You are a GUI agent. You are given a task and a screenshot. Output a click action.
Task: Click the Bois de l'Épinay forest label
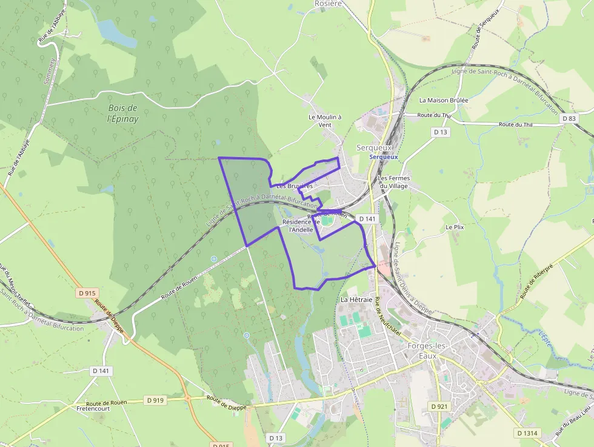click(x=122, y=113)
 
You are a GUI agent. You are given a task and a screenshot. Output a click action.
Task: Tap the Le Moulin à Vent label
click(x=325, y=121)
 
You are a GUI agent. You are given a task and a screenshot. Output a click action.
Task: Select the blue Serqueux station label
click(x=384, y=156)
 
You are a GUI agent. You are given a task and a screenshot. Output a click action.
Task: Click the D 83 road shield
click(x=569, y=118)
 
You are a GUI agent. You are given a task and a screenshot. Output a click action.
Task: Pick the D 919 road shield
click(x=155, y=400)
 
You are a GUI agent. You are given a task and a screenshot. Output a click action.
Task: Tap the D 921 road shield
click(x=438, y=406)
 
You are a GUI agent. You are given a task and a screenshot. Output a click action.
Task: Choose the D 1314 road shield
click(x=528, y=433)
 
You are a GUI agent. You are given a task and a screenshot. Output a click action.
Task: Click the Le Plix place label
click(x=454, y=227)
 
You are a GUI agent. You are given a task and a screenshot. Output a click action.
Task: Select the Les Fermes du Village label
click(x=394, y=182)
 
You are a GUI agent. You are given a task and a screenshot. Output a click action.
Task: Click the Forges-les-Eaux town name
click(x=428, y=351)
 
